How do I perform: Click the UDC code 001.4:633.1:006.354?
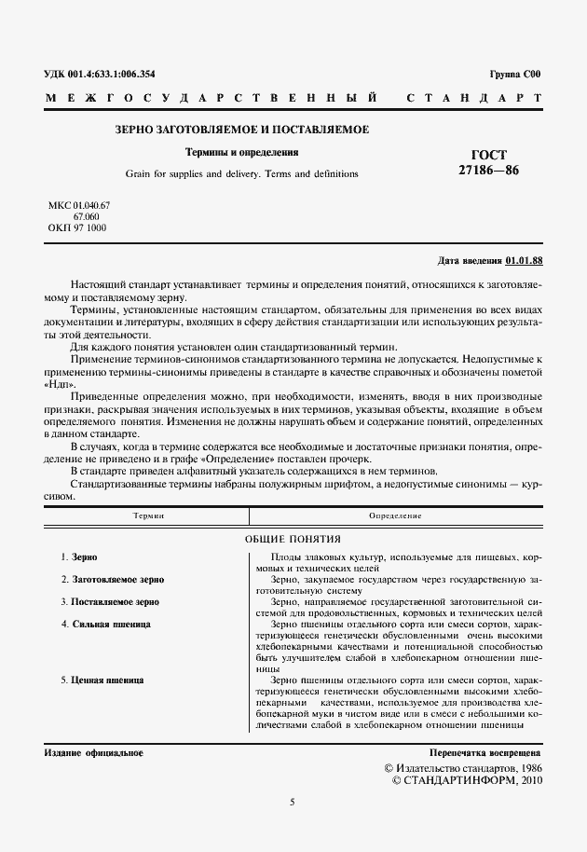pos(113,74)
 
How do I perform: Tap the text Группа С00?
pos(513,74)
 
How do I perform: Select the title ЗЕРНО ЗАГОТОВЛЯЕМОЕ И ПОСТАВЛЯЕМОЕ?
pos(241,130)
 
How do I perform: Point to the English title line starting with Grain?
pos(241,173)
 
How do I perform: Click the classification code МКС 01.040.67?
pos(79,204)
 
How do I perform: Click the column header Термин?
pos(148,515)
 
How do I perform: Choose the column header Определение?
pos(395,515)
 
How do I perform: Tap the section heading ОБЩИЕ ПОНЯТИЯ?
pos(293,538)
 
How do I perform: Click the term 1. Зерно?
pos(78,557)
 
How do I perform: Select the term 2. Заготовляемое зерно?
pos(112,579)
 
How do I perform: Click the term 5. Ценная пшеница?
pos(102,680)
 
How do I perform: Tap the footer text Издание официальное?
pos(93,751)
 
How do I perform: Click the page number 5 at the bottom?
pos(292,801)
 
